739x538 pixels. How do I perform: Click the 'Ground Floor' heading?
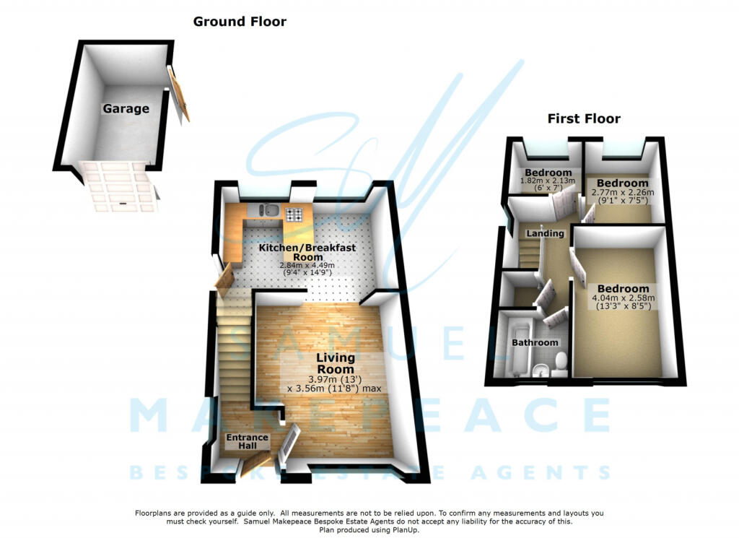(x=240, y=22)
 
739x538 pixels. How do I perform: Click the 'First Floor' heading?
(x=583, y=118)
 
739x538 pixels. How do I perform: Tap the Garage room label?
(x=126, y=109)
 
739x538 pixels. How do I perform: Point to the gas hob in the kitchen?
(x=294, y=214)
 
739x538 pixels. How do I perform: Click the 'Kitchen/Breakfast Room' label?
(x=307, y=252)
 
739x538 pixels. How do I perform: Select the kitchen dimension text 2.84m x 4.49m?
(x=307, y=265)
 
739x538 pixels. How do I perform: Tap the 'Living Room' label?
(x=335, y=363)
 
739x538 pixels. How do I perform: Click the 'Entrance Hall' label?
(x=247, y=441)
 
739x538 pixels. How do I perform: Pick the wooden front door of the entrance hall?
(x=257, y=464)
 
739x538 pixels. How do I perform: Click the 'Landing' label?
(x=545, y=233)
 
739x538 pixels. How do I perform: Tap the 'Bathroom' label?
(x=535, y=342)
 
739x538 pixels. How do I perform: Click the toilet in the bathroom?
(x=560, y=364)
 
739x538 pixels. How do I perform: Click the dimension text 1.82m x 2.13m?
(x=547, y=181)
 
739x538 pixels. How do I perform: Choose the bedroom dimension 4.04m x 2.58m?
(x=623, y=298)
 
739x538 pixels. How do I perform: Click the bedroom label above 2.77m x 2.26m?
(x=622, y=183)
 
